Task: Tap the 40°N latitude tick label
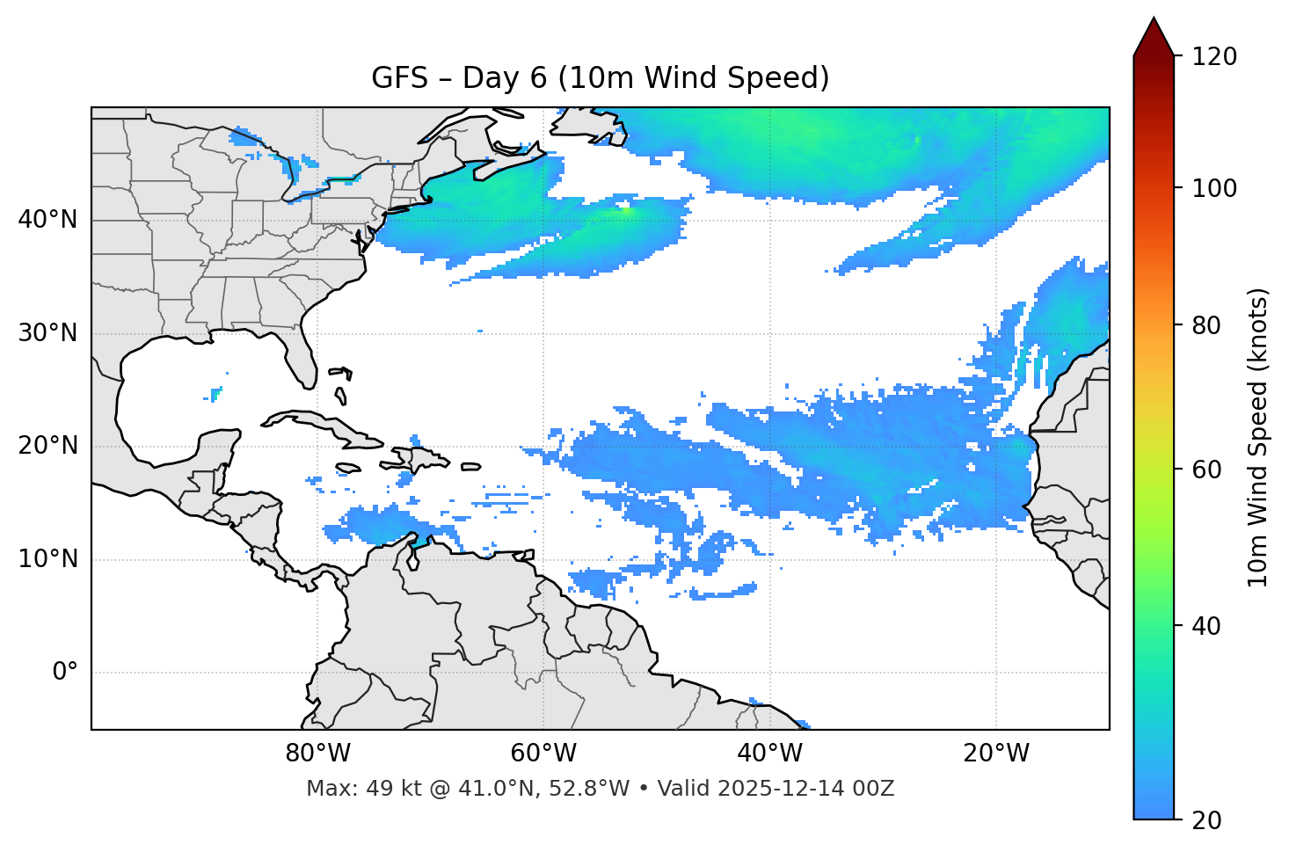(x=47, y=220)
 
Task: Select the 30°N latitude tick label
(x=47, y=333)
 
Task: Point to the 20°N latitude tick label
(x=47, y=446)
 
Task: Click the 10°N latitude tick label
(x=47, y=559)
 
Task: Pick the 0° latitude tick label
(x=65, y=673)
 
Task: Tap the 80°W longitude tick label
(x=317, y=754)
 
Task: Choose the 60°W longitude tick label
(x=543, y=754)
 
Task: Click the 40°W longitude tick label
(x=769, y=754)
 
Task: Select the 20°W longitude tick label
(x=995, y=754)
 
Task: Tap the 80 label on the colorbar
(x=1209, y=325)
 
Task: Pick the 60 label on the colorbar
(x=1209, y=470)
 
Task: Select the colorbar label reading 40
(x=1209, y=626)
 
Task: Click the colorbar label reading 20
(x=1209, y=820)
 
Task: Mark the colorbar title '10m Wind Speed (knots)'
(x=1258, y=438)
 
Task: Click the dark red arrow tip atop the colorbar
(x=1154, y=35)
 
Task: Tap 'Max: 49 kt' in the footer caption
(x=344, y=789)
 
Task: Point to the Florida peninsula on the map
(x=302, y=358)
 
